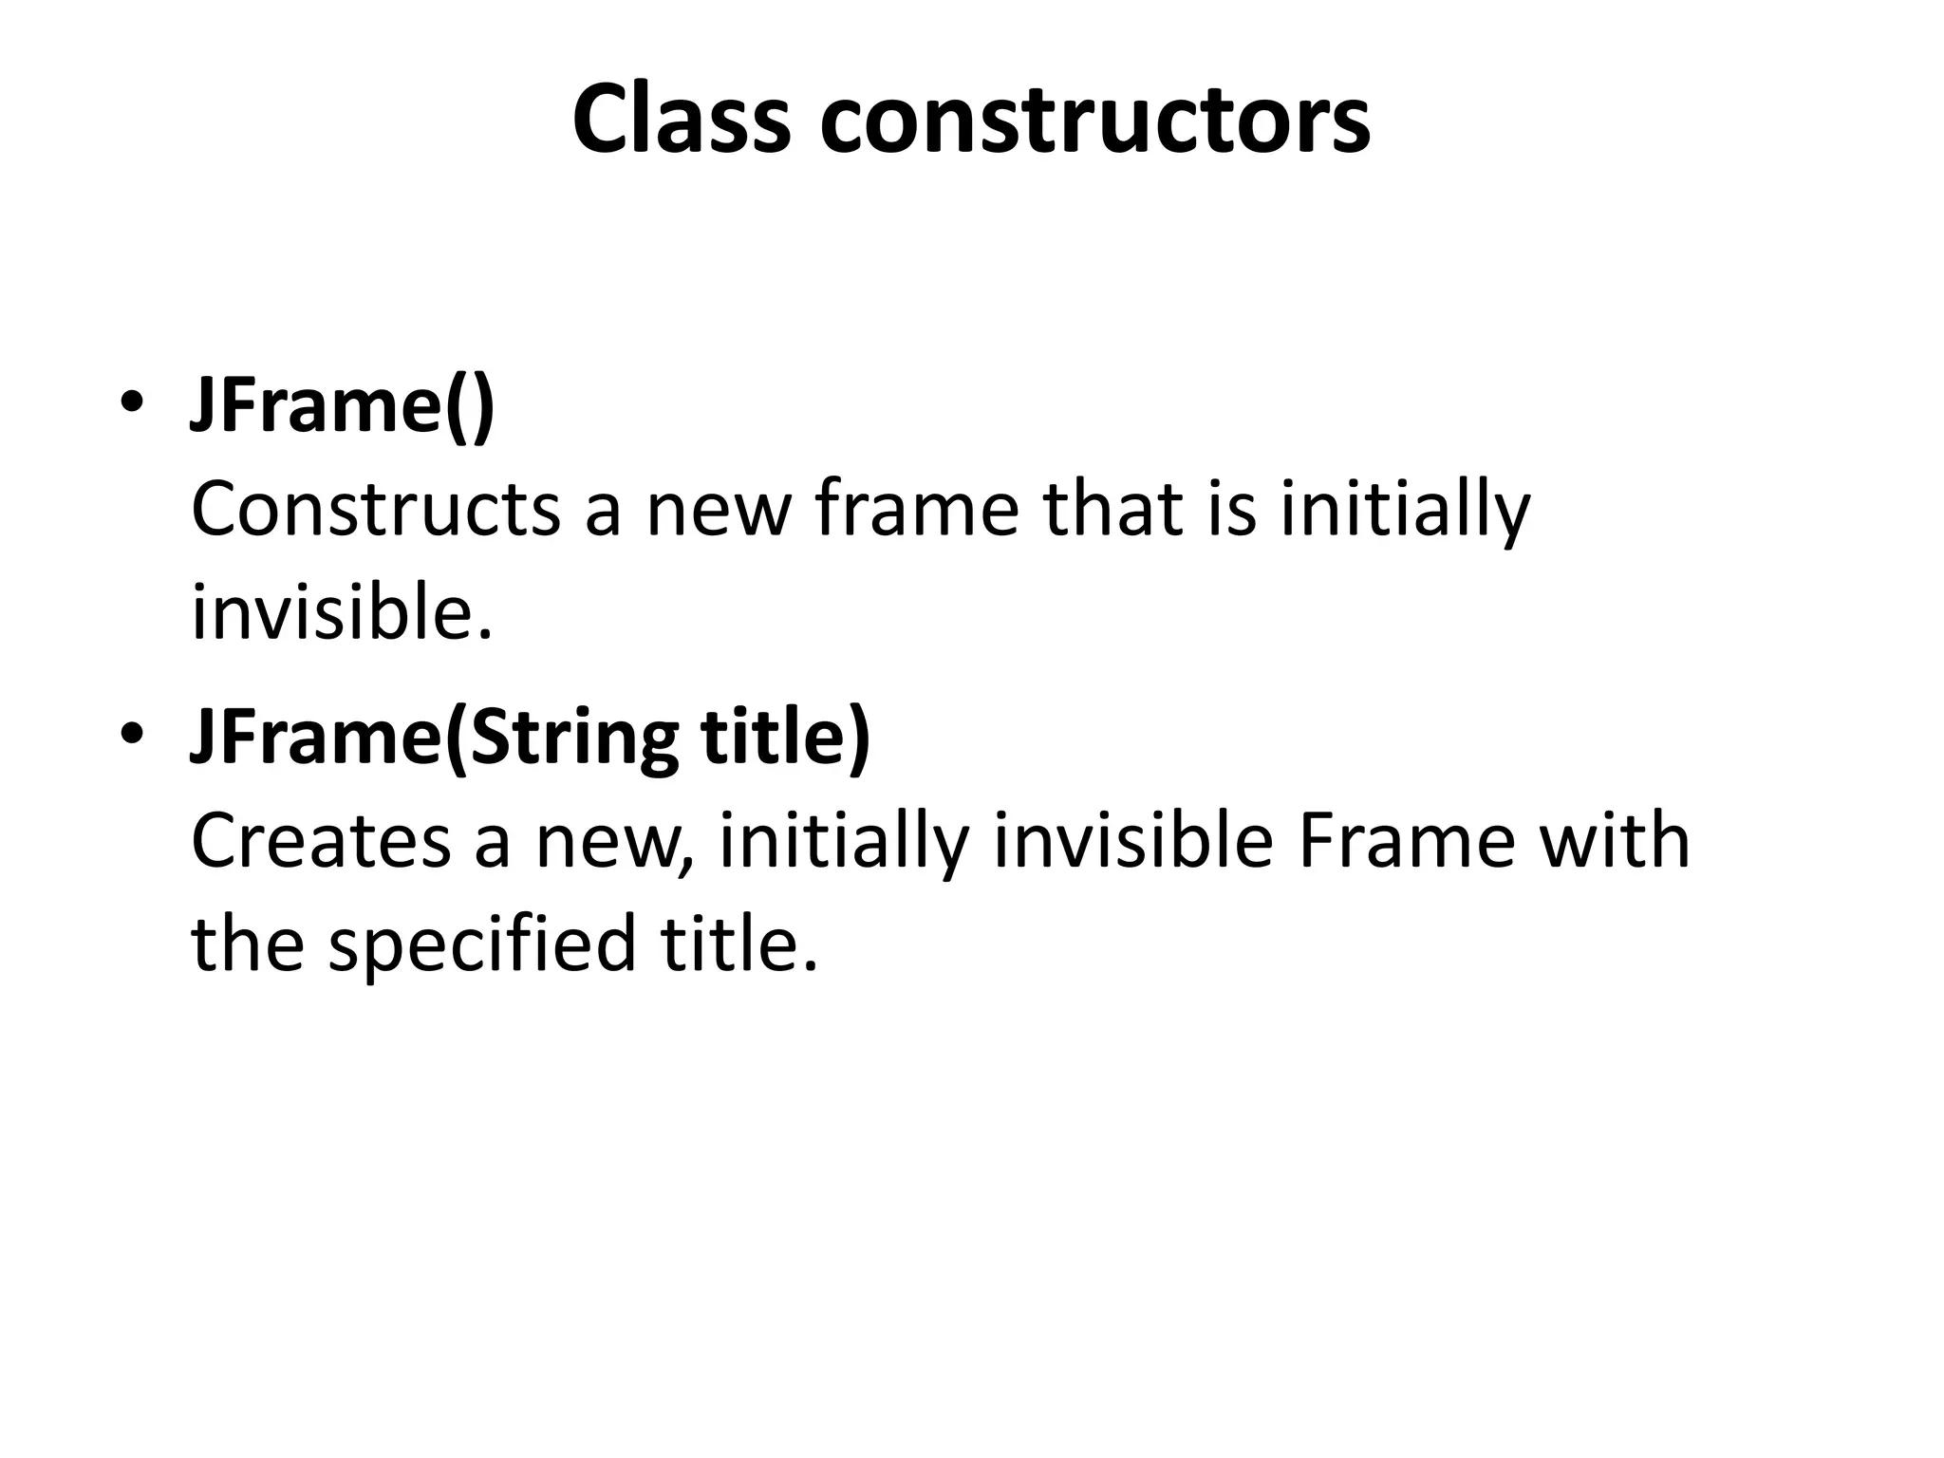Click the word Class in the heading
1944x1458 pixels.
682,120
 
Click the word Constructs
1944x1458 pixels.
376,510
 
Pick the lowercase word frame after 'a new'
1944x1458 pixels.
916,510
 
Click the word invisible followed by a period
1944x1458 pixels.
342,613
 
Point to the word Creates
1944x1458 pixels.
320,841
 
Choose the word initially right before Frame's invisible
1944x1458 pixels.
844,843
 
